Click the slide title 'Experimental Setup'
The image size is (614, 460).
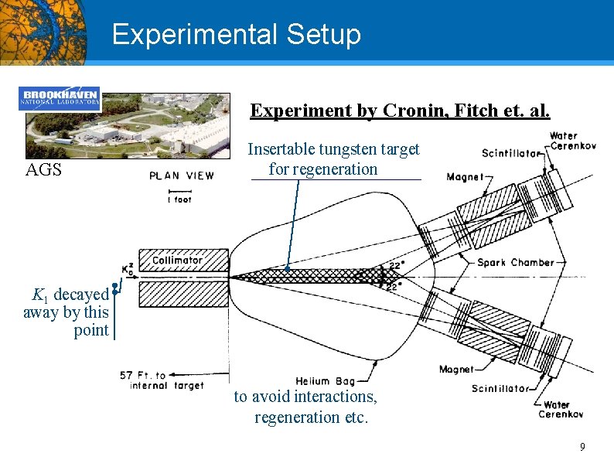pyautogui.click(x=236, y=35)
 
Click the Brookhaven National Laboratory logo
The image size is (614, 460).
pyautogui.click(x=60, y=98)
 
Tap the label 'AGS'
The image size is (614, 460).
pyautogui.click(x=43, y=170)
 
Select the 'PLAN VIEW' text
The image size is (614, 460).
pyautogui.click(x=182, y=175)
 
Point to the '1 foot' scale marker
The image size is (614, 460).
pyautogui.click(x=179, y=199)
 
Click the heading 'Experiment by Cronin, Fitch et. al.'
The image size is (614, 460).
pyautogui.click(x=400, y=111)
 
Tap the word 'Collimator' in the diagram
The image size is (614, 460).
pyautogui.click(x=177, y=261)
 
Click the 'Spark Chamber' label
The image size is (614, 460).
pyautogui.click(x=515, y=262)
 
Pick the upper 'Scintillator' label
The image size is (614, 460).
pyautogui.click(x=510, y=153)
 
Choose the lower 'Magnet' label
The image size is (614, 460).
pyautogui.click(x=455, y=370)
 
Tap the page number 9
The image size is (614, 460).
pyautogui.click(x=582, y=446)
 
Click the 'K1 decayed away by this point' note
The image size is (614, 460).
pyautogui.click(x=68, y=312)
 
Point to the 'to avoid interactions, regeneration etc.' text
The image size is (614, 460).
pyautogui.click(x=305, y=407)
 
